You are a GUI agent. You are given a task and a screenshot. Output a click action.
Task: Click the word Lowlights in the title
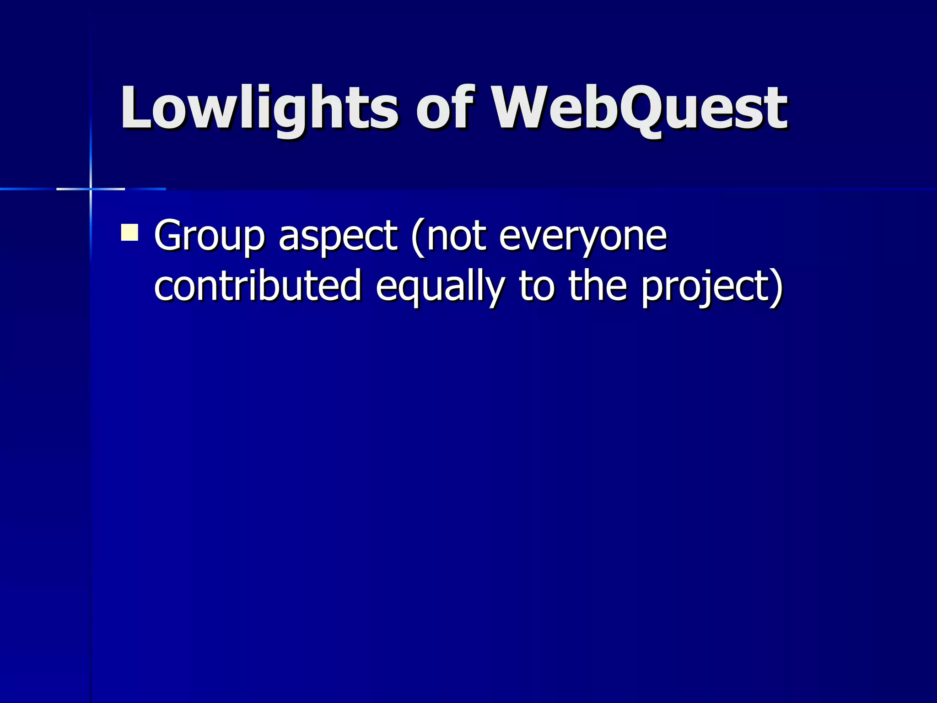coord(259,109)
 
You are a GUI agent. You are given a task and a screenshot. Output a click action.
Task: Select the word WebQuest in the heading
coord(639,109)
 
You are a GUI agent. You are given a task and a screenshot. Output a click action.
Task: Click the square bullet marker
coord(129,232)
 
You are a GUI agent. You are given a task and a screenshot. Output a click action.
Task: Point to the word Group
coord(209,236)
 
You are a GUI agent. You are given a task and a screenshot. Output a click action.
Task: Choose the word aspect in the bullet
coord(338,236)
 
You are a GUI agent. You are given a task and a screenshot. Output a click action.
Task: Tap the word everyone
coord(582,236)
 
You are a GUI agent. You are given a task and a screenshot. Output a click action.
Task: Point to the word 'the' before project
coord(598,286)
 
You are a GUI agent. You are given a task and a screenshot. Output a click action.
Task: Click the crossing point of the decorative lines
coord(91,189)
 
